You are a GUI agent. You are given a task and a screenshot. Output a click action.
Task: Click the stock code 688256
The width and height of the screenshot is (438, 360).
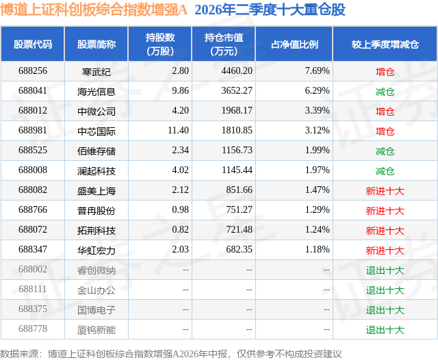[33, 71]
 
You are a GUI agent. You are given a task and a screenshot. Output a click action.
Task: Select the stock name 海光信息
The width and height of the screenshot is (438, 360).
[96, 92]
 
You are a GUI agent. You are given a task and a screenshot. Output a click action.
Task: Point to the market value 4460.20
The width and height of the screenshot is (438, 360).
[237, 71]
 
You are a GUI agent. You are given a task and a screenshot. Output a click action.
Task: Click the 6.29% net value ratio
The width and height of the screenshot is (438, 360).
[317, 91]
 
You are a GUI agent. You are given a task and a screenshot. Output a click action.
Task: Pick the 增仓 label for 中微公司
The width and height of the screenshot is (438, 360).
[385, 112]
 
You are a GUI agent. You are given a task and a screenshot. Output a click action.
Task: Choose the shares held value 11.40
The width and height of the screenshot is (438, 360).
[178, 131]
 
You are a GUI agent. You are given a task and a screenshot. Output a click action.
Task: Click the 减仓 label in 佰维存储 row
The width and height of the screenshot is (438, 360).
[385, 151]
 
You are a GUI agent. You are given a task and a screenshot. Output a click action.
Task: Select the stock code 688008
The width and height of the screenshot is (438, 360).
[33, 170]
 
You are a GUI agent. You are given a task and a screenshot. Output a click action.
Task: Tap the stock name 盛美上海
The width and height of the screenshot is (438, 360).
[96, 191]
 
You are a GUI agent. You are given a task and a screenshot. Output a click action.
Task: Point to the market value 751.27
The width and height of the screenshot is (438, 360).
[240, 209]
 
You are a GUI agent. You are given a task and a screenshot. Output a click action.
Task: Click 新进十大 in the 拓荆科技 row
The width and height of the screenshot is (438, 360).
[385, 231]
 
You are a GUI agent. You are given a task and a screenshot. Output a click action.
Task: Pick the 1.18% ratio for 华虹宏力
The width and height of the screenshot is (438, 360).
[317, 249]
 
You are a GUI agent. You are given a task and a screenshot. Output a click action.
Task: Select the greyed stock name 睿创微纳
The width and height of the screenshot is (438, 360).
[96, 270]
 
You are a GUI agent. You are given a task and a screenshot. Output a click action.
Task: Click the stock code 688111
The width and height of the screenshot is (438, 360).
[33, 289]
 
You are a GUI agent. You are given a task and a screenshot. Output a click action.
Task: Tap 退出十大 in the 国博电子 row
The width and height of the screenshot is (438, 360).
[385, 310]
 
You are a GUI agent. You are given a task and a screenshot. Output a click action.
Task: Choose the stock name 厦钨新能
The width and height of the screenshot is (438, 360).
[96, 330]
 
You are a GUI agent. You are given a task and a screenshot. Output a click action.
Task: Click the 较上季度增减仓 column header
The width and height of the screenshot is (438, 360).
[385, 44]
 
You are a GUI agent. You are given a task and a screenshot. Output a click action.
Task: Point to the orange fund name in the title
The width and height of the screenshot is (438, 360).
[94, 10]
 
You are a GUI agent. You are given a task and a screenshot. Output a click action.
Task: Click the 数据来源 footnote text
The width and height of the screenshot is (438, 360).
[170, 354]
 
